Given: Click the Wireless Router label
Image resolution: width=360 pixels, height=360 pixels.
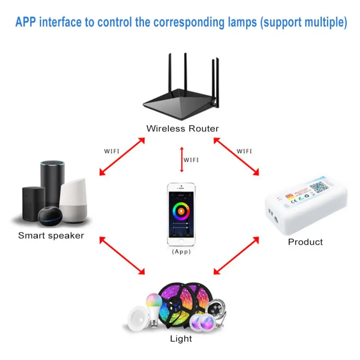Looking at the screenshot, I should (x=182, y=128).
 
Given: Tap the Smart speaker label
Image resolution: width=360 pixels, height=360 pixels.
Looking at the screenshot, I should (x=51, y=236).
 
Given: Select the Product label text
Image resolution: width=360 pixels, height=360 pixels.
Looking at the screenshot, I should (x=305, y=242).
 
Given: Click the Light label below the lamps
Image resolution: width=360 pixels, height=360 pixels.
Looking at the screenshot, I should (x=181, y=339).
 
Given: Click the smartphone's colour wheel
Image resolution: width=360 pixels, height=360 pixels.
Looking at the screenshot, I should (x=181, y=210).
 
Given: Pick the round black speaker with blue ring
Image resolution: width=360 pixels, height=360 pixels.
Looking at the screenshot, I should (x=49, y=215).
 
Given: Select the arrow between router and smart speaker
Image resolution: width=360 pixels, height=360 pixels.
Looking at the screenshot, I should (x=122, y=156).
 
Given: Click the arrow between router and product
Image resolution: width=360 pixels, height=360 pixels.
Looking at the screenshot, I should (x=236, y=156).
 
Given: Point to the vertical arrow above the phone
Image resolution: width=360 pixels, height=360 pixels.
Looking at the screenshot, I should (x=181, y=159).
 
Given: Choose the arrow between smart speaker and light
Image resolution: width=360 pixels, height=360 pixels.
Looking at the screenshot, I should (x=122, y=255).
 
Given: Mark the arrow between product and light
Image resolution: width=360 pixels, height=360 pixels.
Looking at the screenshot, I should (x=236, y=255).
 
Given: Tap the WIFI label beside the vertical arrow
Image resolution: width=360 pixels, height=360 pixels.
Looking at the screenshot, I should (x=191, y=160).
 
